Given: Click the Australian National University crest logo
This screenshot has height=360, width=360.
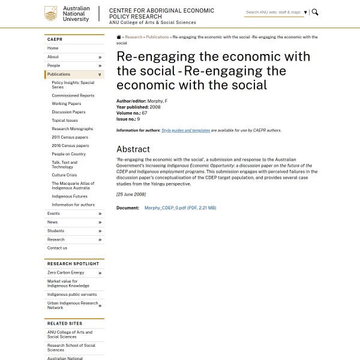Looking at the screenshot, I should [x=52, y=14].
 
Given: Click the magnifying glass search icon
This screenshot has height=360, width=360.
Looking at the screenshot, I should [x=315, y=12].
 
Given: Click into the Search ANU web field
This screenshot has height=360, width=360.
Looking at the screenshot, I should [x=273, y=12].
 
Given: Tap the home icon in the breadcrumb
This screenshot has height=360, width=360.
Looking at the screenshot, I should [x=119, y=37].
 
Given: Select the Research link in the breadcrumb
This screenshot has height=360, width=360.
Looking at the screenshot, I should [x=133, y=37].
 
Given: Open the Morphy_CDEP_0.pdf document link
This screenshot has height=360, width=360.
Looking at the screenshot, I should [x=180, y=208].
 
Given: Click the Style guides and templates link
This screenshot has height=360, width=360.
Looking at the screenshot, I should [x=185, y=130].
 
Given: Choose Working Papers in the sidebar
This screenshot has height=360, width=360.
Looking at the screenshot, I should [x=66, y=104].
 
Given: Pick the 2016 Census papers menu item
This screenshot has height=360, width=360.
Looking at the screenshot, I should [x=70, y=146].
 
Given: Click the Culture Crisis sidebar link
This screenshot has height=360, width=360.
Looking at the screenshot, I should [x=64, y=175].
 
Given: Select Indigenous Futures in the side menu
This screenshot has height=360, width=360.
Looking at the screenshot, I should [x=70, y=196].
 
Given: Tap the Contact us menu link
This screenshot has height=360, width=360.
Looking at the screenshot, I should [x=57, y=248].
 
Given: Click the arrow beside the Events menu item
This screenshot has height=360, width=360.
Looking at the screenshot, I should [x=100, y=214].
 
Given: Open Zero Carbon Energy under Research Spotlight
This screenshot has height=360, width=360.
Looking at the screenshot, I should [x=66, y=273].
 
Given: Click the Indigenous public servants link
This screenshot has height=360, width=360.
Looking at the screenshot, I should [x=72, y=295].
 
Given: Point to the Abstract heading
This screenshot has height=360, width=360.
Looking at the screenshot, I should [x=133, y=149].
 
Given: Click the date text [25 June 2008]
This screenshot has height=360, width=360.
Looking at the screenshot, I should [x=131, y=194].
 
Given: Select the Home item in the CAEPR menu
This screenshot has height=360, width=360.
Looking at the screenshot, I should [x=53, y=48].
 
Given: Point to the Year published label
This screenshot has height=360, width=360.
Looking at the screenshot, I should [x=132, y=107].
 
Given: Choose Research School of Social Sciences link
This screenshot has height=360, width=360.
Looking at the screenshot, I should [x=71, y=347].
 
